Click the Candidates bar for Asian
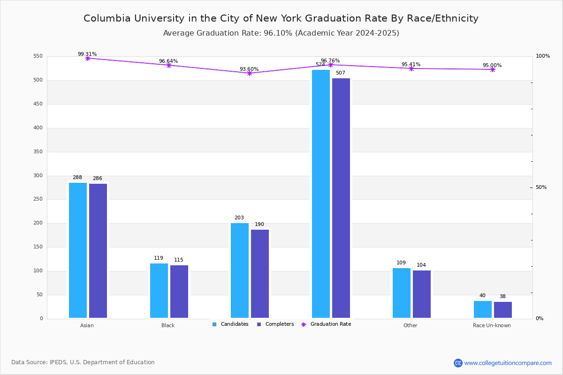78,250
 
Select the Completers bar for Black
179,292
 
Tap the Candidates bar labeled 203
240,270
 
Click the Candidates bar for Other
402,293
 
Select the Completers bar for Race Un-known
503,310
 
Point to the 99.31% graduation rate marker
88,58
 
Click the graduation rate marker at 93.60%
250,73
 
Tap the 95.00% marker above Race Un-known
493,69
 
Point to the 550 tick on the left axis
38,56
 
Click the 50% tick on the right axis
541,187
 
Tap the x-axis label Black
168,325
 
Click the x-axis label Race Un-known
492,325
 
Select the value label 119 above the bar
159,258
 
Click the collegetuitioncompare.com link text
508,363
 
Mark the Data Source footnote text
83,362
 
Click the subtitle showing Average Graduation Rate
281,33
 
